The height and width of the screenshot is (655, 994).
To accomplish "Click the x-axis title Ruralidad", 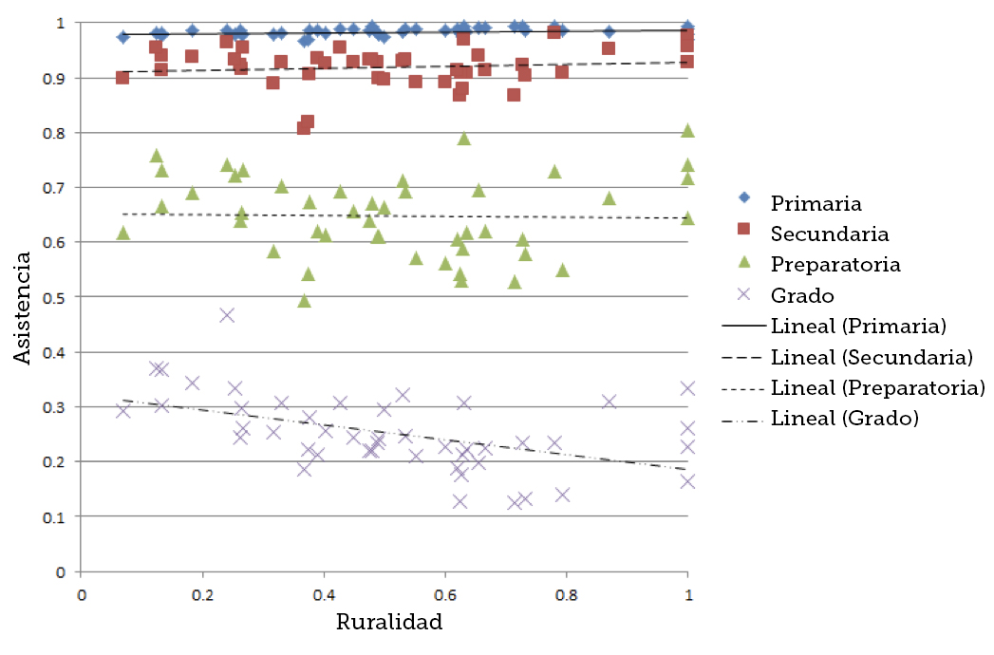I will (389, 623).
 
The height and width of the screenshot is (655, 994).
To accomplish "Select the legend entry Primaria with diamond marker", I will (816, 203).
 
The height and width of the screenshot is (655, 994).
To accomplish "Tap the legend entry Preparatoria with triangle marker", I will (835, 263).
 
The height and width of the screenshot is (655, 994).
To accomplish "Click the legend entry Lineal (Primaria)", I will (857, 326).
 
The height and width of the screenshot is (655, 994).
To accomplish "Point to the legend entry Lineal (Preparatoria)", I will (877, 387).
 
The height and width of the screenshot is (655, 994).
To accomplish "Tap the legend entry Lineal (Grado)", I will (844, 418).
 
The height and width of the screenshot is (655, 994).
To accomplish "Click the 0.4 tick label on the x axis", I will (324, 596).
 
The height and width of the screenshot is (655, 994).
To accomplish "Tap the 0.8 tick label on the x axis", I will (566, 596).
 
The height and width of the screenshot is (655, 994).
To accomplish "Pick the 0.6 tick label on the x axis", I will (444, 596).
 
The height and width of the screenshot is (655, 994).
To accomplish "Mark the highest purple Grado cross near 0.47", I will (227, 315).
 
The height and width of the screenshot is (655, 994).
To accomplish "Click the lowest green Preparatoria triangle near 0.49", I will (305, 300).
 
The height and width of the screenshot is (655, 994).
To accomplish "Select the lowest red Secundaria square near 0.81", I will (303, 127).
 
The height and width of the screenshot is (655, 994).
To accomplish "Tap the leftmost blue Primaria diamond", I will (122, 37).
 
